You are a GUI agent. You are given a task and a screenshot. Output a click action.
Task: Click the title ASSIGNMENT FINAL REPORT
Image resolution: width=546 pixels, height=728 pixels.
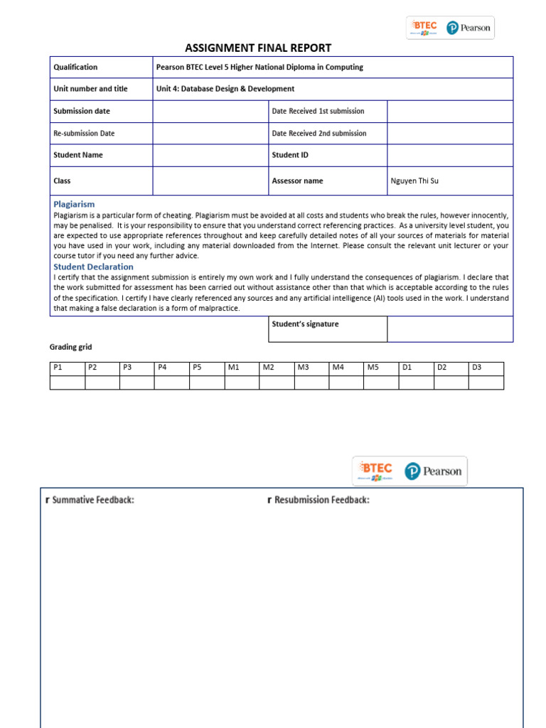coord(257,48)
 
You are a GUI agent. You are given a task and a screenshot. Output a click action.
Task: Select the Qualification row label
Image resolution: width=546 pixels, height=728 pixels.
coord(75,68)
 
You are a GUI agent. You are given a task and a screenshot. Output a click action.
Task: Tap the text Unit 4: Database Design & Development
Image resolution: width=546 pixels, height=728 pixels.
coord(225,89)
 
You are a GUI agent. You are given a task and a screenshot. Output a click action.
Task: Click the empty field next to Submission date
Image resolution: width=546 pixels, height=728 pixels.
coord(210,112)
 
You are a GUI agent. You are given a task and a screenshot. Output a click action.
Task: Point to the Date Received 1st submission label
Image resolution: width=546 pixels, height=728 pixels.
coord(318,112)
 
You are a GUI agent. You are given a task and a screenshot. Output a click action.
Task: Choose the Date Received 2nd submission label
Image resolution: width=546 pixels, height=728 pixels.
coord(318,134)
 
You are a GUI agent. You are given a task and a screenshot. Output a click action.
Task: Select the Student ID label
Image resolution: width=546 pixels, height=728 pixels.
coord(290,155)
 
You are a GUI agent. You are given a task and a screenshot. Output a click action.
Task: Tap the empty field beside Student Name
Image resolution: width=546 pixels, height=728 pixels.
coord(210,155)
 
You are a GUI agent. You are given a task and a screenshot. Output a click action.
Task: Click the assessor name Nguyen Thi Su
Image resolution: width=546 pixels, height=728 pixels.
coord(414,181)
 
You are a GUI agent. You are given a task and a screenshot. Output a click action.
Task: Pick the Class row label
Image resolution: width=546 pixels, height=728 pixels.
coord(63,181)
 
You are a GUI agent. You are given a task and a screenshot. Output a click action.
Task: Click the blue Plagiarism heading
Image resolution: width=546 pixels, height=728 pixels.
coord(74,204)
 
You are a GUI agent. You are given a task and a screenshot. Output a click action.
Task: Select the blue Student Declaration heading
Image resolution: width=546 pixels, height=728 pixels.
coord(93,267)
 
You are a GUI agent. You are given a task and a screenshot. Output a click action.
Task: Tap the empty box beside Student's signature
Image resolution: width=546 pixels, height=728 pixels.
coord(449,329)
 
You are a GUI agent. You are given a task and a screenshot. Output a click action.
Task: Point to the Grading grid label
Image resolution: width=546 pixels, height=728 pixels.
coord(70,348)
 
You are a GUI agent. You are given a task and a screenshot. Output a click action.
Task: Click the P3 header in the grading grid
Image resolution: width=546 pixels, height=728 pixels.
coord(128,368)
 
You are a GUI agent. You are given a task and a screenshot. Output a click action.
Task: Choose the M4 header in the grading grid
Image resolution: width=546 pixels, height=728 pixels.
coord(337,368)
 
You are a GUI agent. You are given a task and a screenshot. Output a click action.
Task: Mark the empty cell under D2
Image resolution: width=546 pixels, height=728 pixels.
coord(451,382)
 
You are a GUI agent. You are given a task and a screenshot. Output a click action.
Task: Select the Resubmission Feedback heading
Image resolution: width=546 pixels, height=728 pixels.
coord(321,500)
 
